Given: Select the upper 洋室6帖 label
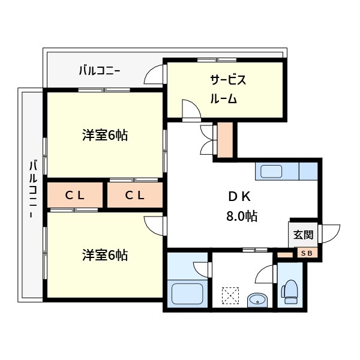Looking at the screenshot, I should point(105,135).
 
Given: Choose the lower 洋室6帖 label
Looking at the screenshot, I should point(105,255).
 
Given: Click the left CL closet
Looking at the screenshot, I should point(75,194).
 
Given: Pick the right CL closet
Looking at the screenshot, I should point(135,194).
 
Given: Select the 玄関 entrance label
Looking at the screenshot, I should point(303,234).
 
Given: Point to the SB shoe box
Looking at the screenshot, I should point(306,253).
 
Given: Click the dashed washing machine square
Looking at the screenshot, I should point(230,296).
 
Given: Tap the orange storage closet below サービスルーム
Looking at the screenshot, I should point(225,139).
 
